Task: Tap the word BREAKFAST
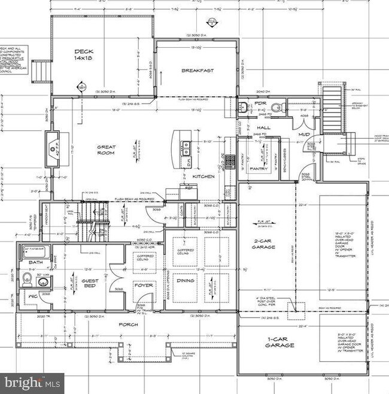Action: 197,71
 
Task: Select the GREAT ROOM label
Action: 107,149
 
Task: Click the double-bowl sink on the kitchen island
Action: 186,144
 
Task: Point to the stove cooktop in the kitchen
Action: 230,161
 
